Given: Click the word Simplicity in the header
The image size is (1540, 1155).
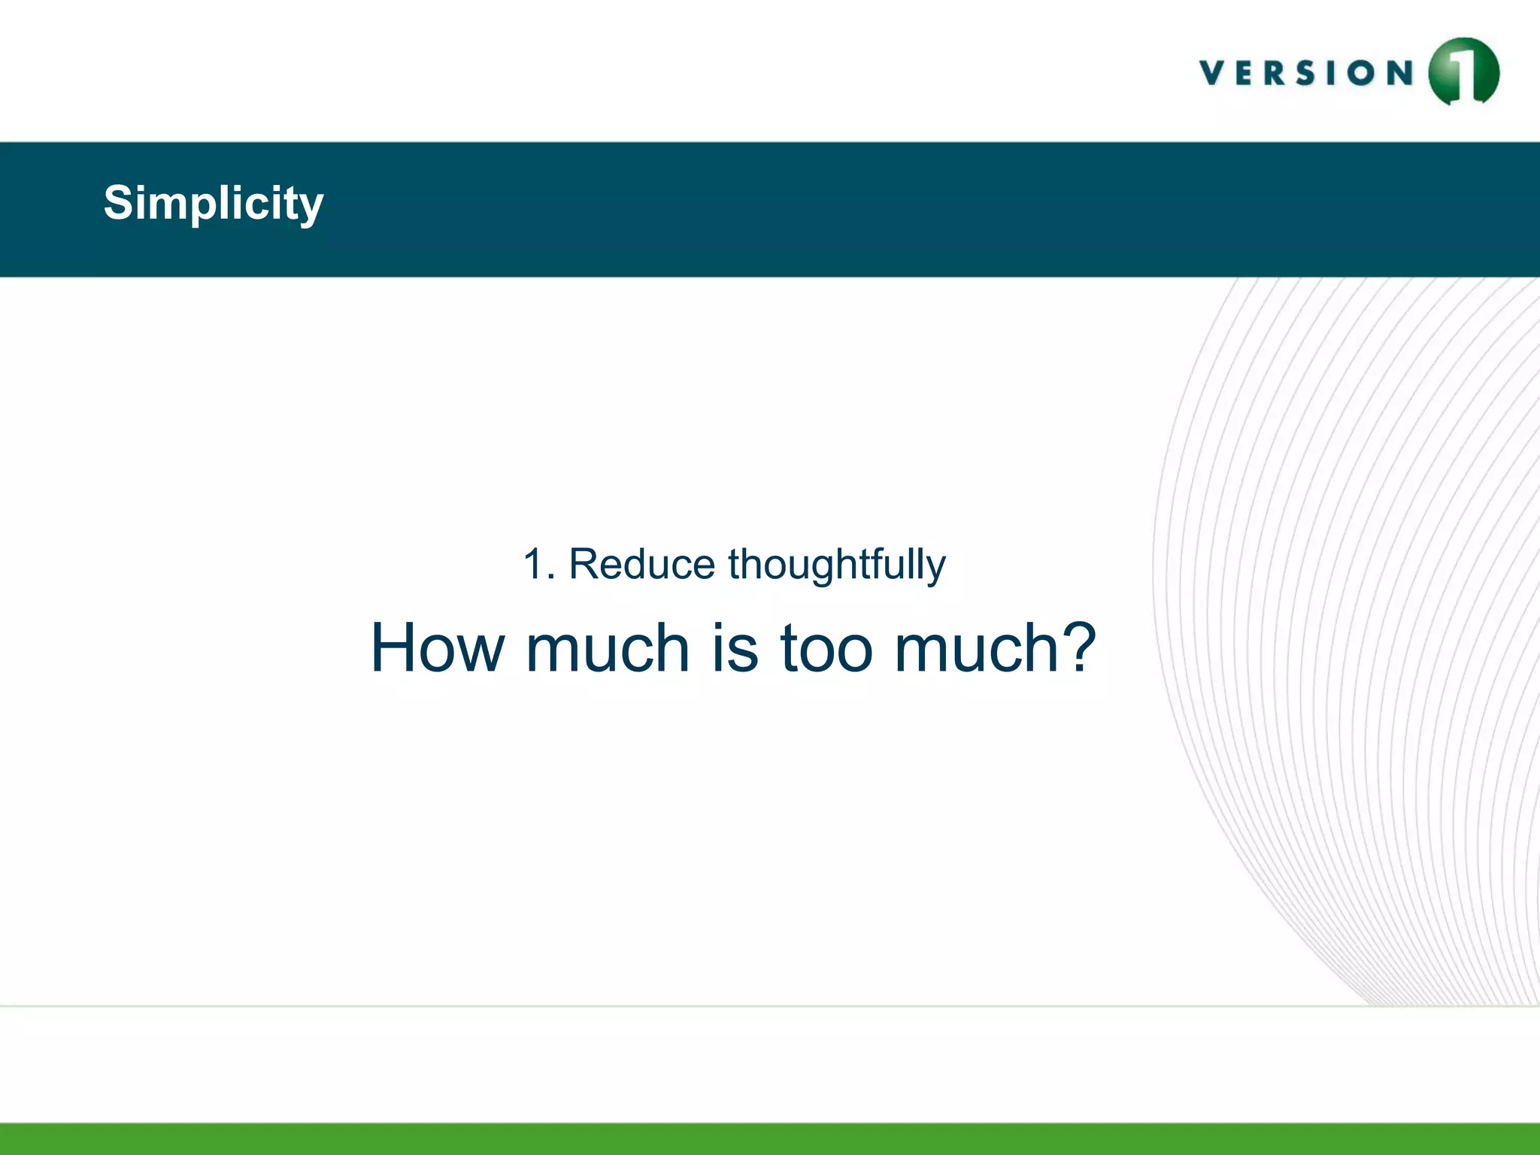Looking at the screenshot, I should (x=214, y=203).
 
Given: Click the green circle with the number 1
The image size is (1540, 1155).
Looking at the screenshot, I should (x=1463, y=72).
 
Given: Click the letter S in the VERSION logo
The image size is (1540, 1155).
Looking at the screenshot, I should (x=1305, y=73).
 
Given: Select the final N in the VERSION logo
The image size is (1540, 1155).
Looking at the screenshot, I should (x=1399, y=73).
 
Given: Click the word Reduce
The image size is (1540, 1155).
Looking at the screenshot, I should (x=641, y=564).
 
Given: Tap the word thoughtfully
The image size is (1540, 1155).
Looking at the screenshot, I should (x=836, y=565).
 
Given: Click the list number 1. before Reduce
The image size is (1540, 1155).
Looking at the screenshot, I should (x=538, y=564).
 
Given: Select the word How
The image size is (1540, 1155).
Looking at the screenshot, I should (x=438, y=648).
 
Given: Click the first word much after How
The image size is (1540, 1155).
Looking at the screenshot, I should (x=608, y=648).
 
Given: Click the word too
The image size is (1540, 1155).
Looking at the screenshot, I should (x=826, y=648).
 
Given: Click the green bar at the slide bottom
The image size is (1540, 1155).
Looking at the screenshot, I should (x=770, y=1138).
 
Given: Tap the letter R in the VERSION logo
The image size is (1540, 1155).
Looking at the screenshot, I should (x=1277, y=73).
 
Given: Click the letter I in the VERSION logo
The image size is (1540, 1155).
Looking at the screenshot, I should (x=1332, y=73).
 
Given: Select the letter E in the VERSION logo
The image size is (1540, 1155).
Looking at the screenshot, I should (x=1246, y=73).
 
